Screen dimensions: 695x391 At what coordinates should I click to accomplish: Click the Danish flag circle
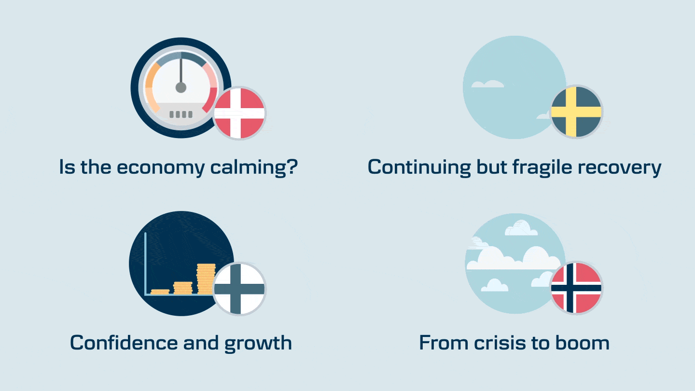239,113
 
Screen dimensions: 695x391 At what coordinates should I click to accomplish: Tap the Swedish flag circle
576,112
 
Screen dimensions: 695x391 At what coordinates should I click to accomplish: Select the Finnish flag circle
239,289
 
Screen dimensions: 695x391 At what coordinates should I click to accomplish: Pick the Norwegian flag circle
576,288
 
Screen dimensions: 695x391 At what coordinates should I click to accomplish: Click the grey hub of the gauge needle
181,87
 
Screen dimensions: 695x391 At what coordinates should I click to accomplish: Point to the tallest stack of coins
206,279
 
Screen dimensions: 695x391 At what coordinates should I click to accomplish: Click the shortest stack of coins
160,292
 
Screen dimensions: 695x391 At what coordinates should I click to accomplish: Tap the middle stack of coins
183,288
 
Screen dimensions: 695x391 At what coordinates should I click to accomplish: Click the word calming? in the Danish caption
254,168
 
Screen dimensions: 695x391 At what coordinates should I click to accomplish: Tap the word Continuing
419,168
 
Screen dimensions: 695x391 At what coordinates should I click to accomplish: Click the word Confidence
124,343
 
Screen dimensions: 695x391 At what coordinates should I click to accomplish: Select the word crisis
500,343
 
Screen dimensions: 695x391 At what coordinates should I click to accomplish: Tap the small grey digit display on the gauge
181,114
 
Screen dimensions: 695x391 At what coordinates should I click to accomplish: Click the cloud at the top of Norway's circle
521,228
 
